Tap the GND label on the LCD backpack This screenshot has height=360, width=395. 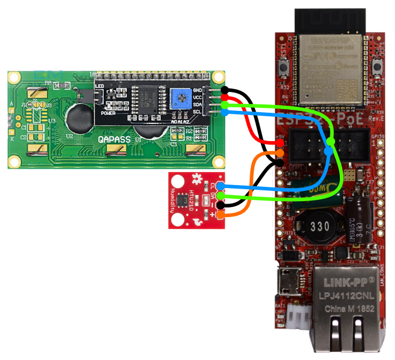tap(197, 90)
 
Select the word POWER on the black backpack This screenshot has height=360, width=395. tap(108, 112)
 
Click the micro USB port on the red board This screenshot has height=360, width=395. tap(290, 276)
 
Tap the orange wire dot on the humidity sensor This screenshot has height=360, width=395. tap(220, 215)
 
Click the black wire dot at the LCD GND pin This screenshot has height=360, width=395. tap(225, 90)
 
